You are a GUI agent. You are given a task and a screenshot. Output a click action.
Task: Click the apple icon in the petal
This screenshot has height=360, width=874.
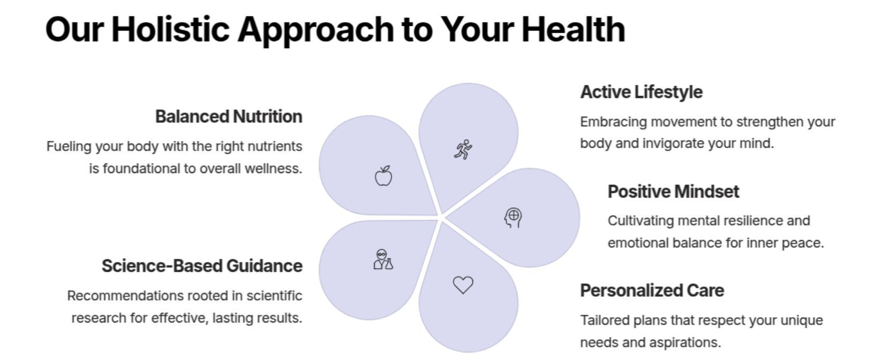point(383,176)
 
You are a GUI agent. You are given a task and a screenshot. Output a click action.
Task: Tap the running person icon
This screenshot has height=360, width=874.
point(463,149)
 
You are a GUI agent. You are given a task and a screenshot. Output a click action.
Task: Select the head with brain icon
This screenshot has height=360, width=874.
point(513,218)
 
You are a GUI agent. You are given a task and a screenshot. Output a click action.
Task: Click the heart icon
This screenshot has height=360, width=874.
point(463,285)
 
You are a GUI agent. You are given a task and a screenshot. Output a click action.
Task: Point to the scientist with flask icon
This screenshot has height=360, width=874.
point(383,260)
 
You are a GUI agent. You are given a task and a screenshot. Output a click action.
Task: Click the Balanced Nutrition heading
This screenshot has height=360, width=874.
point(229,116)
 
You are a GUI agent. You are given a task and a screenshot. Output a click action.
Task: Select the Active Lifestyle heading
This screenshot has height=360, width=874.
point(642,92)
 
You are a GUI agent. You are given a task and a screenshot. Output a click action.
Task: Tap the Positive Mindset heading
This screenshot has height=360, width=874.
point(674,192)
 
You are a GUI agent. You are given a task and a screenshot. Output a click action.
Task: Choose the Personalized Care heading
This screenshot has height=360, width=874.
point(652,290)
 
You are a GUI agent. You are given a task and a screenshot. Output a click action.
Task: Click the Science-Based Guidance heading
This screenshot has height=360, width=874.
point(202,266)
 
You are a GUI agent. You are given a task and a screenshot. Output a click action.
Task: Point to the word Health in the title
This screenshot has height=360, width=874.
point(574,29)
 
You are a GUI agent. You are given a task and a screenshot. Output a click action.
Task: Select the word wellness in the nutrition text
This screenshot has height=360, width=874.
point(273,169)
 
